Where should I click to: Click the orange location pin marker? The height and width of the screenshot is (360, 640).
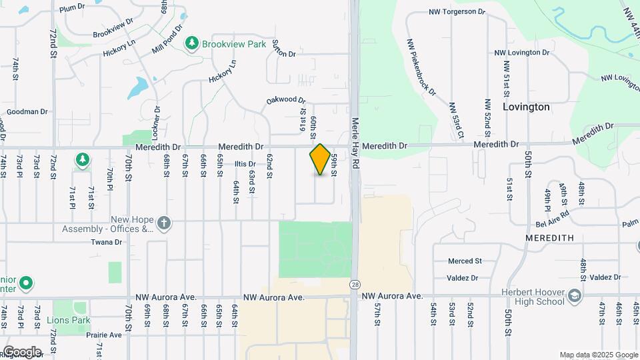point(320,159)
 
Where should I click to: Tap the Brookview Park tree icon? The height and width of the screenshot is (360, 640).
point(192,43)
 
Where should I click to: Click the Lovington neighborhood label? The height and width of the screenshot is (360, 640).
point(526,107)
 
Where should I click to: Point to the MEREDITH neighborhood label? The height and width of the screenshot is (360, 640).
point(549,238)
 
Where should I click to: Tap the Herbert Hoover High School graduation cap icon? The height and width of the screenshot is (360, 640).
point(575,295)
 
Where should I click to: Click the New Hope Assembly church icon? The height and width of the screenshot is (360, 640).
point(164,223)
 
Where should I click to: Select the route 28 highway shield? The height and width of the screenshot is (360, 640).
point(354,284)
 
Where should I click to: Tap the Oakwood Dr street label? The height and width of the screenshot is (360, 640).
point(286,100)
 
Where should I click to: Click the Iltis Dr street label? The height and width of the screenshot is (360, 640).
point(245,164)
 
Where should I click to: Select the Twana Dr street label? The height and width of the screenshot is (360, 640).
point(107,243)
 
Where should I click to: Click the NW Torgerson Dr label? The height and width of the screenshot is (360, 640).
point(457,12)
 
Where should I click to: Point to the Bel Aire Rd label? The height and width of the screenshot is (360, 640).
point(552,214)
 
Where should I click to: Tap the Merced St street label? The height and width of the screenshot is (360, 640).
point(465,261)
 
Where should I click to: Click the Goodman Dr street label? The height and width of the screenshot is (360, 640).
point(28,112)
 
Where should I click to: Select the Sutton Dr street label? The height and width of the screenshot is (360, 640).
point(283,45)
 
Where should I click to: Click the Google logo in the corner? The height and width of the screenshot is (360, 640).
point(21,352)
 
